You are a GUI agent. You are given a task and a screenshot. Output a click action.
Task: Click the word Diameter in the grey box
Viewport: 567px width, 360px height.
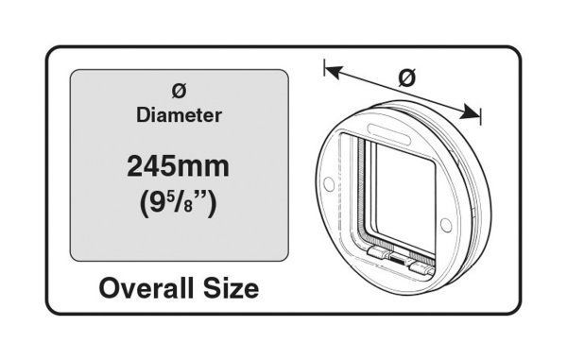tap(179, 115)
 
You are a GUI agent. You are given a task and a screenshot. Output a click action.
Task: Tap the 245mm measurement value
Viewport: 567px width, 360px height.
tap(178, 166)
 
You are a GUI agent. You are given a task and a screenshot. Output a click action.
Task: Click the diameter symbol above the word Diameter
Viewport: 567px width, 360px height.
tap(179, 91)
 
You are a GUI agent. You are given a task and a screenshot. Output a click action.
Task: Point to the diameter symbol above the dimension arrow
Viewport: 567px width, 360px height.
tap(407, 77)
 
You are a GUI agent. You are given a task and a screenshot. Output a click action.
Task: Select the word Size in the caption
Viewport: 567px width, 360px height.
tap(232, 288)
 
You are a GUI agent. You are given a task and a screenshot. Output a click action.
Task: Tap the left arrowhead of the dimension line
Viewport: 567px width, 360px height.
tap(334, 72)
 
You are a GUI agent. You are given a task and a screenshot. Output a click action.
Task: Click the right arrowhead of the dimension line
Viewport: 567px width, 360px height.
tap(470, 112)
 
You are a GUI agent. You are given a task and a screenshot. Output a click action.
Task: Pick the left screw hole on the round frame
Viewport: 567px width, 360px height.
tap(329, 184)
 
